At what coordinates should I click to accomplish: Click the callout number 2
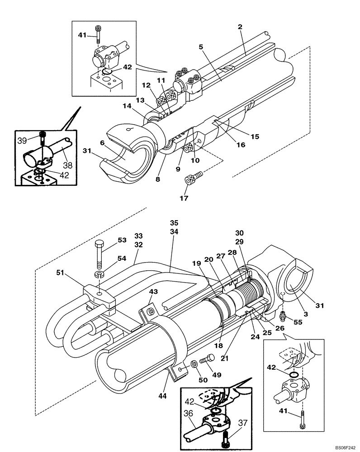(x=240, y=27)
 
